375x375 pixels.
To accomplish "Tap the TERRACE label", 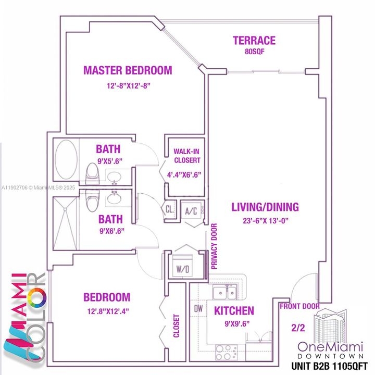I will click(x=254, y=41).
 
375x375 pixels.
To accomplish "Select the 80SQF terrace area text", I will click(x=254, y=52).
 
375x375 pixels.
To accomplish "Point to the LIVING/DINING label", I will click(x=265, y=207).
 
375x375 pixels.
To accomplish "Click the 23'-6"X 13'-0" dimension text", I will click(x=265, y=220).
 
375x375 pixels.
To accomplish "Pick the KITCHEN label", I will click(x=234, y=311).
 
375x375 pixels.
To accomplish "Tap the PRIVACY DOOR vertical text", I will click(x=214, y=246).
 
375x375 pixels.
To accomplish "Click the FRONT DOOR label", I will click(x=299, y=306).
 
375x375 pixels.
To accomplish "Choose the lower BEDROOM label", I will click(x=107, y=297).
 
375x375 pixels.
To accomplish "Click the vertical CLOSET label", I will click(x=176, y=326).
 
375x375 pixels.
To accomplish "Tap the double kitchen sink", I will click(x=225, y=293).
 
